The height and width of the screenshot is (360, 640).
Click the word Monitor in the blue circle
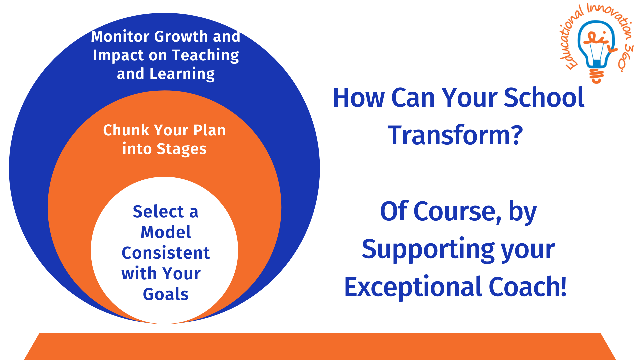120,36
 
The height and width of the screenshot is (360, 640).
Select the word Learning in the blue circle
182,74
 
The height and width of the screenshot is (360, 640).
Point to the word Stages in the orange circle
181,149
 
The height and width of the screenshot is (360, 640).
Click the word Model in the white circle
166,232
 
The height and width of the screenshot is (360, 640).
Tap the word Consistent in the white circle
166,253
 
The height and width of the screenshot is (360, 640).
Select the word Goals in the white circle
166,294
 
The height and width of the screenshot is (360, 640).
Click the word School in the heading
544,98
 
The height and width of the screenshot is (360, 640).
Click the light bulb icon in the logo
596,43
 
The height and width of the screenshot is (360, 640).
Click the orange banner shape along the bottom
320,347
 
